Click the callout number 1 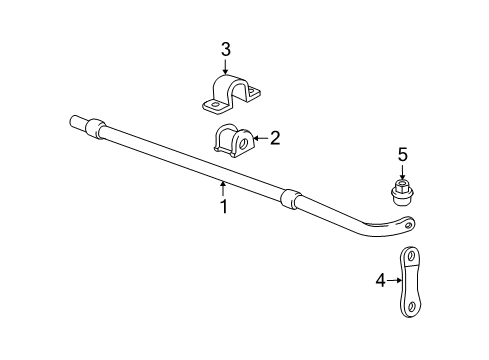(x=224, y=207)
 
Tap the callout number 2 (x=275, y=138)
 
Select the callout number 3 (x=226, y=50)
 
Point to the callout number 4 (x=381, y=280)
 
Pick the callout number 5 (x=402, y=155)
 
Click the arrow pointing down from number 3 (x=225, y=66)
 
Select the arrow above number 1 (x=223, y=188)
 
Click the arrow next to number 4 (x=394, y=280)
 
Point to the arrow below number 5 (x=402, y=171)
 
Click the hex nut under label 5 (x=402, y=193)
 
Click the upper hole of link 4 (x=410, y=257)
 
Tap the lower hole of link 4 (x=411, y=306)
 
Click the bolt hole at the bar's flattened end (x=408, y=225)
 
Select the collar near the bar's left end (x=96, y=128)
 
